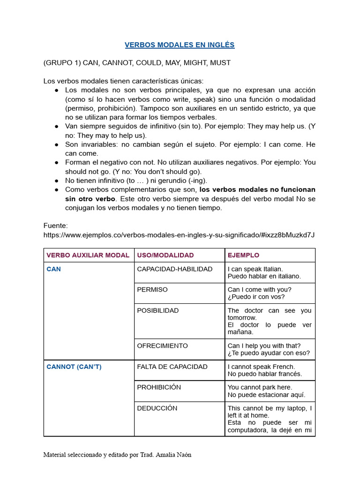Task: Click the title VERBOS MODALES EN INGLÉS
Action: [180, 45]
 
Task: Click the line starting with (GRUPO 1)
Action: [137, 62]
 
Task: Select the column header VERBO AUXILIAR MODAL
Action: [88, 255]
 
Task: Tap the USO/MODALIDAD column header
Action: [165, 255]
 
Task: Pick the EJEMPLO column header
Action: [243, 255]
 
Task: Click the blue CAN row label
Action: [53, 269]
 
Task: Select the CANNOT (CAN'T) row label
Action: [74, 367]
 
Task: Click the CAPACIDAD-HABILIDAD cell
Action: [174, 269]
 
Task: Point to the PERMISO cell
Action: [152, 290]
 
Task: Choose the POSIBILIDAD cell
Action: [157, 310]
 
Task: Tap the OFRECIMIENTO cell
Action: [162, 345]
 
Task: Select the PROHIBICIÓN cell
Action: [158, 387]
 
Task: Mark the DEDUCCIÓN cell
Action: [157, 408]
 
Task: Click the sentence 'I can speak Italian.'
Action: [255, 269]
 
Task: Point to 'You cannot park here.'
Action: [260, 387]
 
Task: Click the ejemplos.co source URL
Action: [179, 234]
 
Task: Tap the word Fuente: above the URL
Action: [55, 225]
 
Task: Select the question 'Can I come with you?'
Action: [259, 290]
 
